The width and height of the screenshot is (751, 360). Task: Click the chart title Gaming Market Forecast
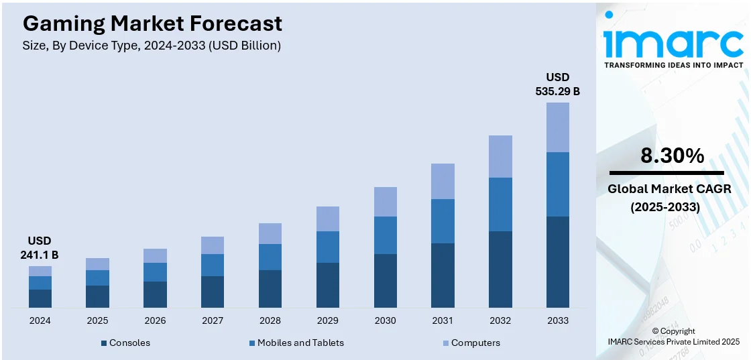pos(152,24)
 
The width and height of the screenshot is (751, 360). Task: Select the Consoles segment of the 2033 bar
pos(557,261)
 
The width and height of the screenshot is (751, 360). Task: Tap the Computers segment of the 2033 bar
pos(557,127)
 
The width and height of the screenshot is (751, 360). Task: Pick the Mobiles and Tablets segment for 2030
pos(385,235)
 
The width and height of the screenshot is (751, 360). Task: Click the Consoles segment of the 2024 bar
pos(40,298)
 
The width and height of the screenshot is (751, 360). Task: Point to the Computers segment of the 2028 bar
pos(270,233)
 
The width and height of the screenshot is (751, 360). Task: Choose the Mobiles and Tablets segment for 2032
pos(500,204)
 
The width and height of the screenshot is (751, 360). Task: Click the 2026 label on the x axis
pos(155,320)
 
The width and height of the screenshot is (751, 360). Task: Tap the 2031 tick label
pos(443,320)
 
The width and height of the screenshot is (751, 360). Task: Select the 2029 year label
pos(328,320)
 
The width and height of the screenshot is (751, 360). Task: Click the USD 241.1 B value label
pos(40,247)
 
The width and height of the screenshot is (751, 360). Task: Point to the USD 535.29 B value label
pos(557,84)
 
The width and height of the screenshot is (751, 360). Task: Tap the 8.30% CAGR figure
pos(673,156)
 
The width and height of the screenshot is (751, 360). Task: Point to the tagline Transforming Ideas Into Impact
pos(673,65)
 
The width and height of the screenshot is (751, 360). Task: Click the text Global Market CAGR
pos(669,189)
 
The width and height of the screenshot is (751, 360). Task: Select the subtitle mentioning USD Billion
pos(152,46)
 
